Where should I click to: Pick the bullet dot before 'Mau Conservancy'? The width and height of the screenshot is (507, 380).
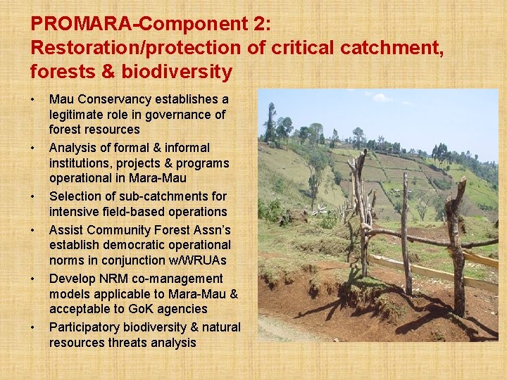[34, 99]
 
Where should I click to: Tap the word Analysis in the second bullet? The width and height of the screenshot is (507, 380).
[74, 148]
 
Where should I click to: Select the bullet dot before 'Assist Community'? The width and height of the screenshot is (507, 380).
[34, 230]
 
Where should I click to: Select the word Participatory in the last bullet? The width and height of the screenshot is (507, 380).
[84, 327]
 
